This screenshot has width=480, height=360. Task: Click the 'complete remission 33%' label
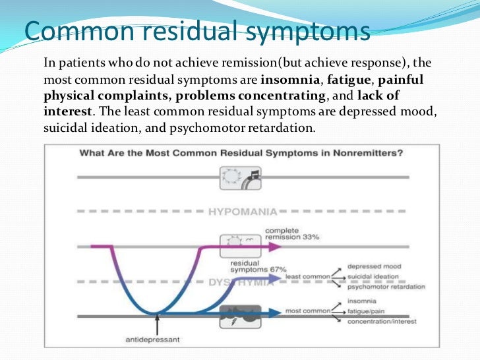point(290,234)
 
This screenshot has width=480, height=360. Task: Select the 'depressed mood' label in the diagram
point(374,266)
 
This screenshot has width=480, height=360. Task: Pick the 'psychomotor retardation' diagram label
point(386,287)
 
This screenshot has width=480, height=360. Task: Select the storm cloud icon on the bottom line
point(240,315)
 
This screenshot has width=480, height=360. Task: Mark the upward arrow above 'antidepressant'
point(157,323)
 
